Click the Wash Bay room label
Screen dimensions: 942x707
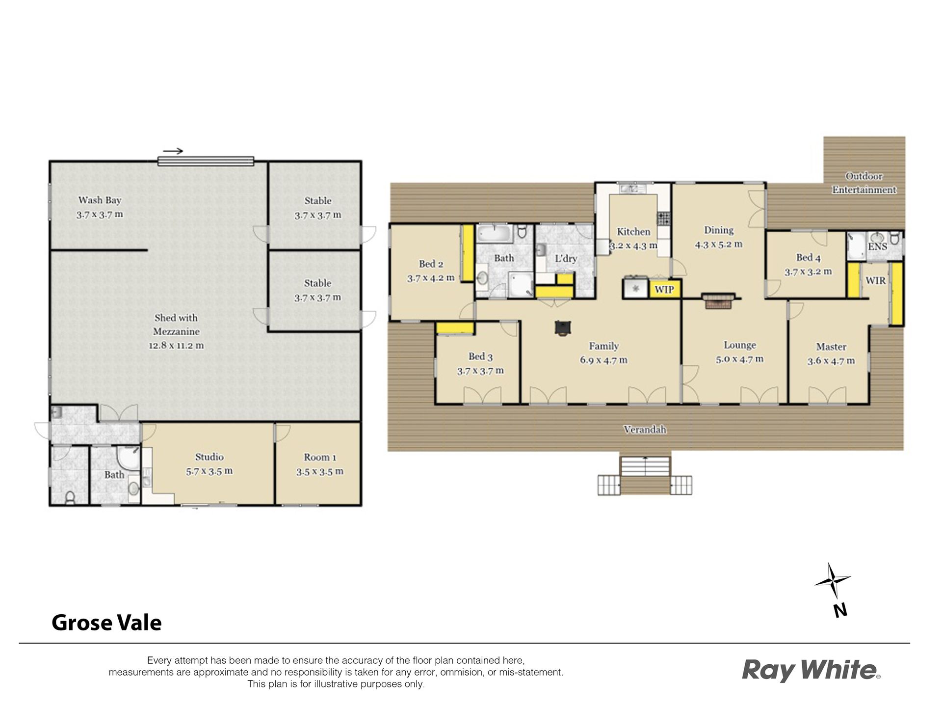(x=100, y=200)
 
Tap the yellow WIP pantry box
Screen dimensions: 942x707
(x=664, y=289)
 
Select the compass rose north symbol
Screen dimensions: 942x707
(x=833, y=582)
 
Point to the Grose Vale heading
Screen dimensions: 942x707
(x=106, y=623)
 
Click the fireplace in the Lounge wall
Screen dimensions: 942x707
(x=718, y=301)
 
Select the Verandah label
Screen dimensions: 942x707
(x=645, y=430)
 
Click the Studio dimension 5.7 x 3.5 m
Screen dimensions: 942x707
(x=209, y=471)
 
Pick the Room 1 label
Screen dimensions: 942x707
(x=320, y=457)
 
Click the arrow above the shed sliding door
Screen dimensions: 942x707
(x=173, y=151)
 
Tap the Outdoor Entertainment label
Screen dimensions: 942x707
(x=864, y=183)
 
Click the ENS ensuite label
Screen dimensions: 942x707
(x=877, y=246)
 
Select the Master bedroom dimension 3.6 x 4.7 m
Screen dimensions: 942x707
(x=831, y=361)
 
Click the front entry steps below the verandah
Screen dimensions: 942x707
(x=645, y=475)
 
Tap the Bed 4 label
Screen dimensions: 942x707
(x=808, y=257)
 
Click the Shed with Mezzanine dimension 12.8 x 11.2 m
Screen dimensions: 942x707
(x=176, y=345)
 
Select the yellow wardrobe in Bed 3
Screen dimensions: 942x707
(x=455, y=327)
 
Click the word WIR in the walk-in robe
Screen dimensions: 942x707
(x=876, y=280)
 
